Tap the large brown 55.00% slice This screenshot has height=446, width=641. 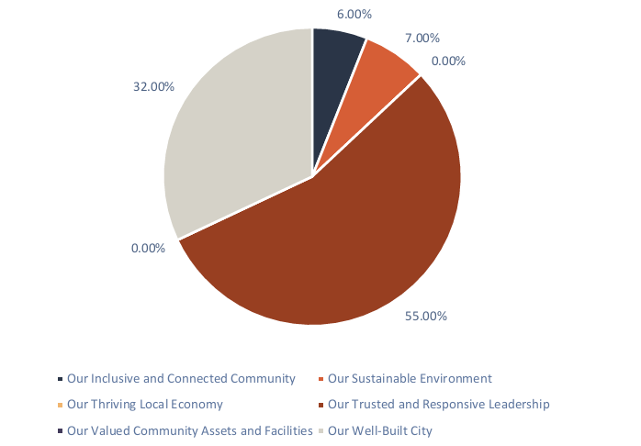(x=367, y=239)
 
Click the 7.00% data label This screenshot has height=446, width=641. (x=422, y=39)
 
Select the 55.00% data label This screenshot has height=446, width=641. (x=426, y=317)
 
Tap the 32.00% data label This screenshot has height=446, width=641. (x=153, y=87)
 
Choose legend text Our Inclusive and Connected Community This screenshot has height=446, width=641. (x=181, y=378)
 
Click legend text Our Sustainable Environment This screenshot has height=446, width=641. (x=410, y=378)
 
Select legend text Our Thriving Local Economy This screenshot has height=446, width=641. (x=145, y=404)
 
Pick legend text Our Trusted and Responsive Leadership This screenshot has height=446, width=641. (x=438, y=404)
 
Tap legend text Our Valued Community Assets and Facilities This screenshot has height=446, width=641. (x=188, y=430)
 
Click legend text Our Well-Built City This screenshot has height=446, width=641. (x=379, y=430)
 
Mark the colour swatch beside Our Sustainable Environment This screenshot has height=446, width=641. (x=320, y=379)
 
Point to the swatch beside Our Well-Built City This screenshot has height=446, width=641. (x=320, y=431)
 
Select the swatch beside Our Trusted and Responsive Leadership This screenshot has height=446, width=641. (x=320, y=405)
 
